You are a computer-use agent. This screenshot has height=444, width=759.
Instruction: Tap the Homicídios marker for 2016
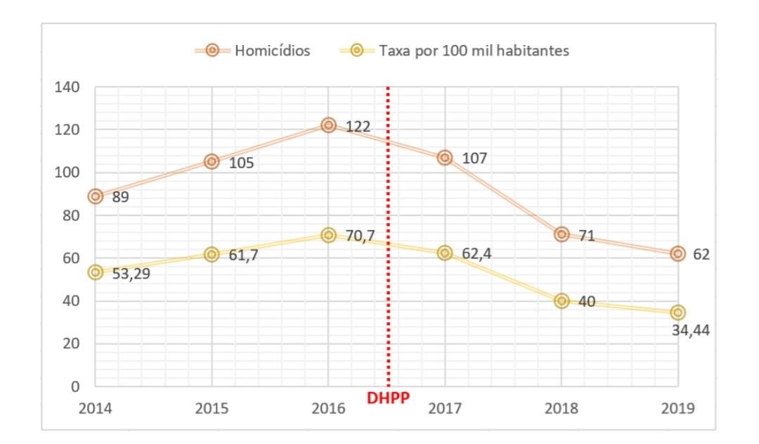(328, 125)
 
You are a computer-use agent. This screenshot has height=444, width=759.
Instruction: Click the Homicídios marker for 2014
(96, 196)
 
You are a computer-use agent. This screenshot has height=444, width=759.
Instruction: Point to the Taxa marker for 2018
(561, 300)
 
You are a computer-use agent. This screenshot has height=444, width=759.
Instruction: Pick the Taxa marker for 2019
(677, 312)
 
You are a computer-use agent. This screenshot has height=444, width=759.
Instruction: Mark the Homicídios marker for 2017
(444, 158)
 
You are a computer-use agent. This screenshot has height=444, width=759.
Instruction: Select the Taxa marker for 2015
(212, 255)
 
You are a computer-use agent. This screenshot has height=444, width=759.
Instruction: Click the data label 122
(358, 127)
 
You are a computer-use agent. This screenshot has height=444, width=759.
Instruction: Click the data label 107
(474, 158)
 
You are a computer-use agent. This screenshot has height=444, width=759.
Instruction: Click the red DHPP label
(389, 399)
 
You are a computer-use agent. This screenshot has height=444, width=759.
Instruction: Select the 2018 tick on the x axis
(561, 408)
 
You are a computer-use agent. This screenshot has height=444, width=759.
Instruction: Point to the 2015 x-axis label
(212, 408)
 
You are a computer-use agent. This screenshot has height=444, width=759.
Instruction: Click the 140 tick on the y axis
(69, 87)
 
